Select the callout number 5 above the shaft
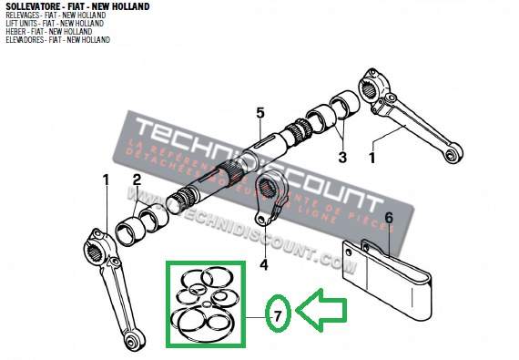[260, 113]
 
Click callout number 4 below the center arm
[264, 265]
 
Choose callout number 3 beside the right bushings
[342, 157]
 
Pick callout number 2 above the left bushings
[137, 180]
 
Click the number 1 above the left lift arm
[107, 180]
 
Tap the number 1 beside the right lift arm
[371, 158]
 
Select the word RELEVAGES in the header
[22, 16]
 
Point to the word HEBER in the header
[15, 33]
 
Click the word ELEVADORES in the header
[25, 41]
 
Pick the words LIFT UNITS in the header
[21, 25]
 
